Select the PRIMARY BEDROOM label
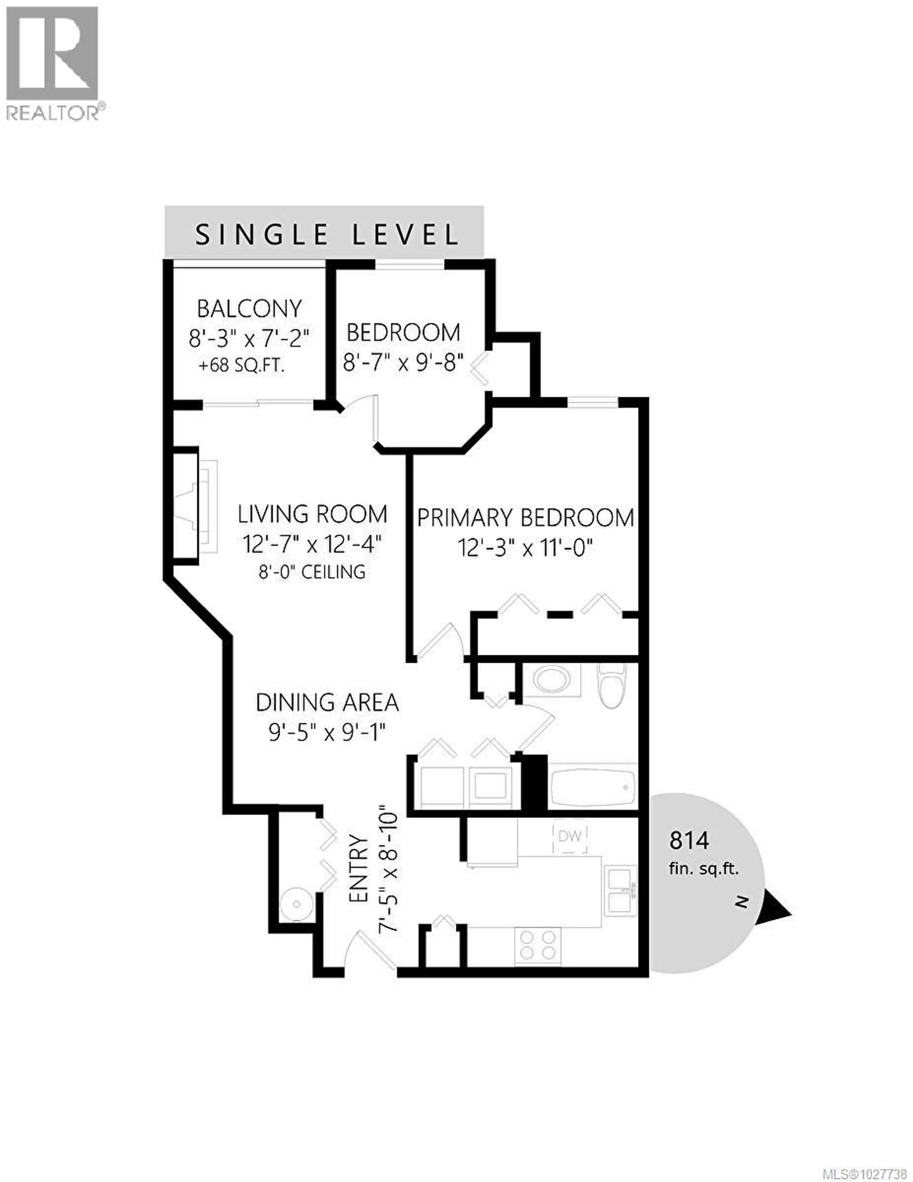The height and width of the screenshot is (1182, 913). [525, 518]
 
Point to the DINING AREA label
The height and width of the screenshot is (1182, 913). [327, 702]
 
